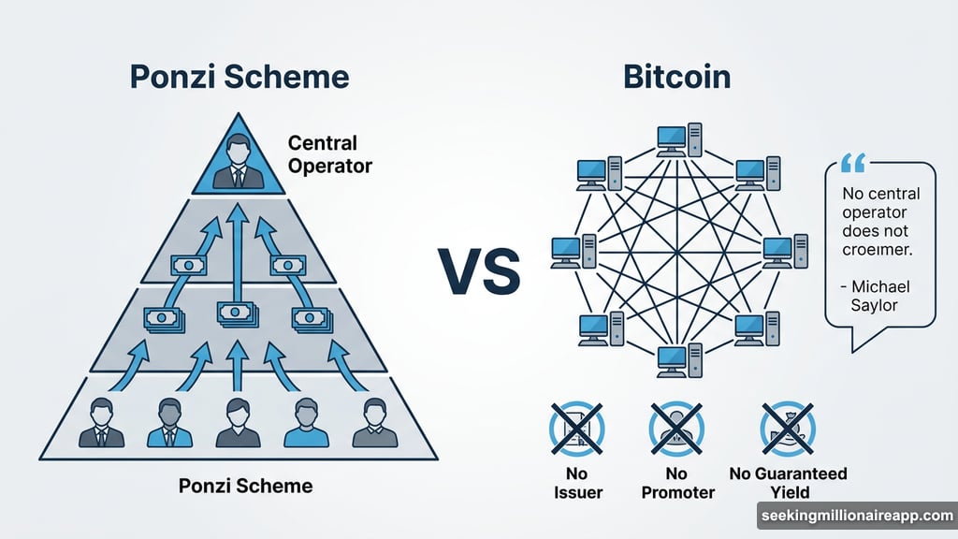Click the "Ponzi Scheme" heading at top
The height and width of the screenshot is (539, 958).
(x=239, y=77)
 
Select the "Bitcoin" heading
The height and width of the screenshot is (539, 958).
(x=676, y=77)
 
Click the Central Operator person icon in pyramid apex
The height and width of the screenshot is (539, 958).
(x=239, y=161)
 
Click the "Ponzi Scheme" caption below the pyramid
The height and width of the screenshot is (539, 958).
(x=245, y=486)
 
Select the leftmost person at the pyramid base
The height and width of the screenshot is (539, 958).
(x=102, y=422)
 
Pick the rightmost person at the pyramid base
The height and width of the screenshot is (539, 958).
(x=374, y=422)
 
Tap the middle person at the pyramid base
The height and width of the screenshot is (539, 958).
(x=238, y=422)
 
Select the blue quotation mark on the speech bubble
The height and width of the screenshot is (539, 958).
(x=853, y=165)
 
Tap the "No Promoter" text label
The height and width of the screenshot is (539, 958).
(x=677, y=483)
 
